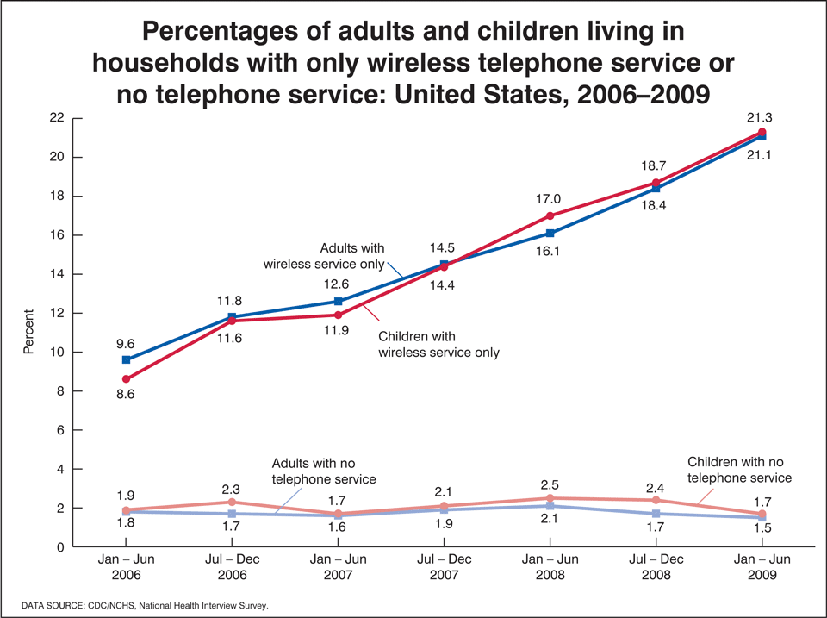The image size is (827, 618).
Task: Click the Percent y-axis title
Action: coord(28,332)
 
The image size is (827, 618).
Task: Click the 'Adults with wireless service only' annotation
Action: coord(341,256)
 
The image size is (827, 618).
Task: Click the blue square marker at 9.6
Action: coord(127,359)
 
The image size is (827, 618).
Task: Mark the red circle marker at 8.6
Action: coord(127,379)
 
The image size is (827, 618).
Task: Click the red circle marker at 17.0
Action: coord(550,215)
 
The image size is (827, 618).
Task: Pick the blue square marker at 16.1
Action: coord(550,233)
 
